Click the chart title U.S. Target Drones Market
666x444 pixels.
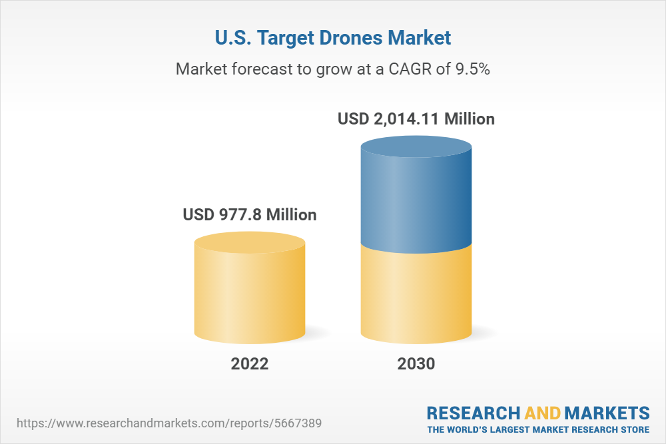tap(332, 38)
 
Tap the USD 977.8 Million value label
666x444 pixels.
tap(250, 215)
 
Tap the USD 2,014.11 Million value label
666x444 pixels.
tap(416, 119)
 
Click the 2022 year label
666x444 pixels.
tap(250, 364)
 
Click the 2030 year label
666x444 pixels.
tap(416, 364)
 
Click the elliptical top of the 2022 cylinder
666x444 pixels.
tap(250, 242)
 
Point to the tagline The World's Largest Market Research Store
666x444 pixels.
tap(538, 429)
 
